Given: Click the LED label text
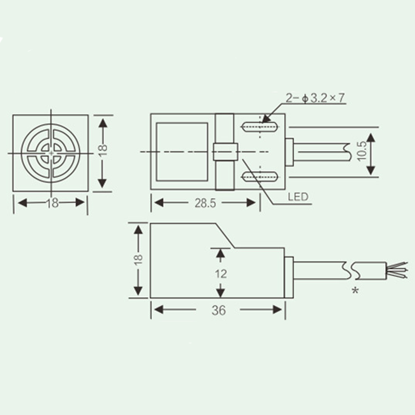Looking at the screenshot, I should (298, 197).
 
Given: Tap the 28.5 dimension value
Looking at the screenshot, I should (204, 202).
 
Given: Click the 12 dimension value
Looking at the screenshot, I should (220, 273).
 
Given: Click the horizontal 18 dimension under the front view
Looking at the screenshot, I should (51, 203).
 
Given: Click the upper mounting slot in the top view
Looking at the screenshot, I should (258, 126).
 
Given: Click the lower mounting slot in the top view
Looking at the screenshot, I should (258, 177).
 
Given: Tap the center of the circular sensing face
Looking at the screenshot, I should (51, 153).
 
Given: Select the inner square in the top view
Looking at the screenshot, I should (182, 151).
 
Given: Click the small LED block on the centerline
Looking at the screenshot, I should (225, 151).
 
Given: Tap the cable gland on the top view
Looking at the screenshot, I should (289, 152).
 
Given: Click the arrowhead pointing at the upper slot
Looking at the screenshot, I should (266, 118).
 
